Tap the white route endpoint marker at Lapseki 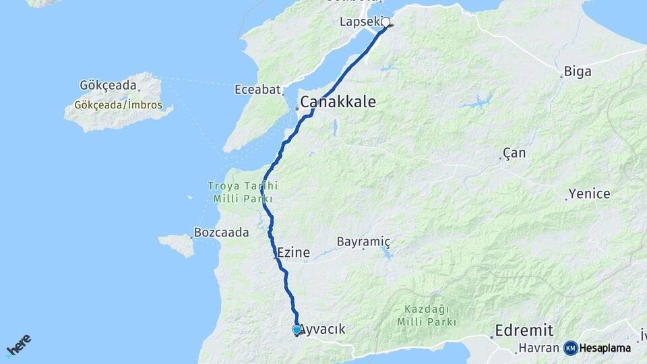386,22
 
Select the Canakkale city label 338,102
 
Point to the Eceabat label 257,90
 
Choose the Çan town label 514,153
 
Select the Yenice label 589,194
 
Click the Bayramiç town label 363,241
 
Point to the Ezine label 293,253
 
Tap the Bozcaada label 221,233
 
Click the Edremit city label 524,330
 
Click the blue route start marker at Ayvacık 297,330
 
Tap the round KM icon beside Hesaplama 571,348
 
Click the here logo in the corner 19,346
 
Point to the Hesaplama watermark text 605,348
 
